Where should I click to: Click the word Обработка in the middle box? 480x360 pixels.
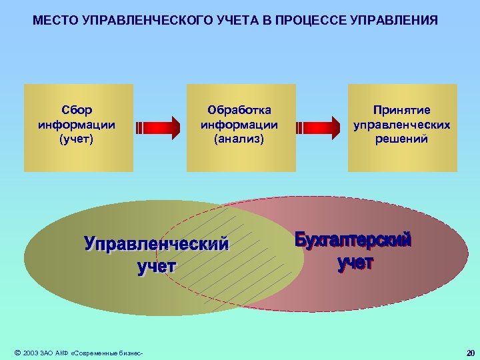239,109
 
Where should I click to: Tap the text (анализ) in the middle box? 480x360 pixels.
239,139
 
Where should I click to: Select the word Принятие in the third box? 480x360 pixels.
401,109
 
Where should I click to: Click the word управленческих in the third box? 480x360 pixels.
401,124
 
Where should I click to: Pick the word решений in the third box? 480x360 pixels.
401,139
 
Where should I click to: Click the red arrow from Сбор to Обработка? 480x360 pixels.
159,127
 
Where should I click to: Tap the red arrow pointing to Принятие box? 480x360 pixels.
321,127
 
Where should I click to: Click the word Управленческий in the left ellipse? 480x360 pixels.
156,244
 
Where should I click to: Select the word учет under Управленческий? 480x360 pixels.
157,267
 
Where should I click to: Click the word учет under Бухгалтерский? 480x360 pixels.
355,263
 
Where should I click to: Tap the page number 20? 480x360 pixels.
470,352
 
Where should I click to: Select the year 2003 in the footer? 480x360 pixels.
31,352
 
